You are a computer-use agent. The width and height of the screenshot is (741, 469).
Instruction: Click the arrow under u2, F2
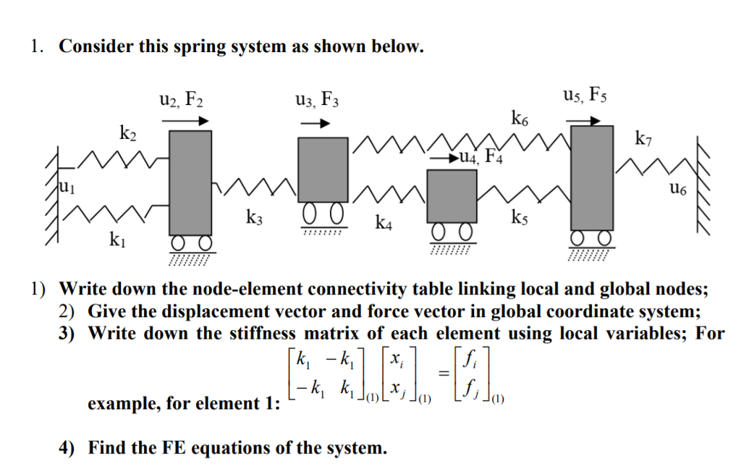(190, 122)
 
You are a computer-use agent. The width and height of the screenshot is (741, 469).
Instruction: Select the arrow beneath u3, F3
(315, 124)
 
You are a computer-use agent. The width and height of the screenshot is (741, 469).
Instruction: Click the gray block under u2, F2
(190, 182)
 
